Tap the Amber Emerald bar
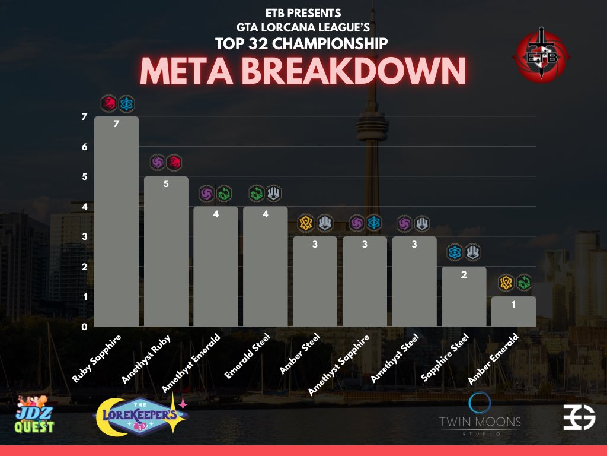tap(513, 311)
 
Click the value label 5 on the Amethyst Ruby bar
tap(166, 184)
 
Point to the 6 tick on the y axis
tap(85, 147)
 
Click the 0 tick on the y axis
tap(85, 327)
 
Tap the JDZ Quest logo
tap(34, 415)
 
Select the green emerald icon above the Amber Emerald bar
tap(524, 282)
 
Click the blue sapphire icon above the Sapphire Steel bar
tap(455, 252)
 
